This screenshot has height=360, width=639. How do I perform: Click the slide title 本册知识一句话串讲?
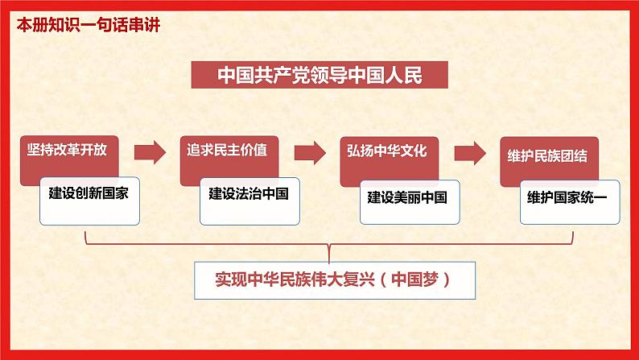pyautogui.click(x=89, y=25)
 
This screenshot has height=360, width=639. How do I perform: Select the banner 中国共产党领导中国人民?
pyautogui.click(x=319, y=75)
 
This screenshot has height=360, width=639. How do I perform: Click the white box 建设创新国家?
pyautogui.click(x=89, y=201)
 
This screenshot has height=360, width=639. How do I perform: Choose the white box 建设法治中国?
pyautogui.click(x=249, y=201)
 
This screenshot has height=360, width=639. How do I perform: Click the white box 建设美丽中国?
pyautogui.click(x=410, y=202)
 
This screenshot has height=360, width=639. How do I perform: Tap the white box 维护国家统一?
pyautogui.click(x=570, y=202)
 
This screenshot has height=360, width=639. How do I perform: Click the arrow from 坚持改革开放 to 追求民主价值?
pyautogui.click(x=150, y=152)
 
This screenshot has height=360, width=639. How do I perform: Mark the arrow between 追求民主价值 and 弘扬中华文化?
pyautogui.click(x=310, y=153)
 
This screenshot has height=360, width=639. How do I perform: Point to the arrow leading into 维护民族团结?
pyautogui.click(x=470, y=153)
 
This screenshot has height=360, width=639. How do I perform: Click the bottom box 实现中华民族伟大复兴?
pyautogui.click(x=335, y=280)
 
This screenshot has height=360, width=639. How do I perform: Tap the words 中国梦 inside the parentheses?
pyautogui.click(x=414, y=279)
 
